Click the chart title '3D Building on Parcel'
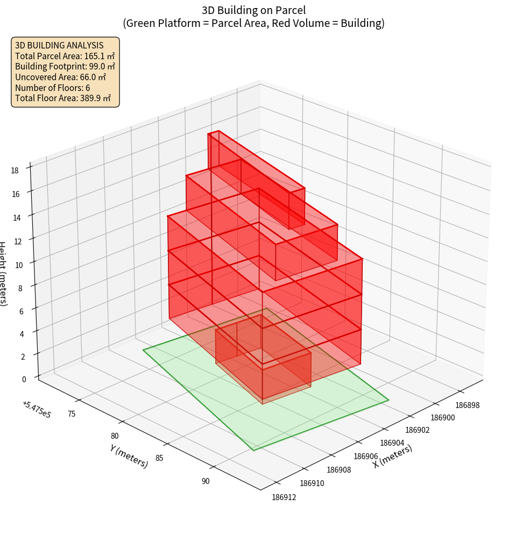[254, 10]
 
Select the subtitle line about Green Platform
[254, 23]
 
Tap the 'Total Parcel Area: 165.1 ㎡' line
[65, 56]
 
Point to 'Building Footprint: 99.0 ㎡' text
[65, 66]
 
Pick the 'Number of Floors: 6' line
[53, 88]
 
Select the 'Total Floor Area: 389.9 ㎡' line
[63, 98]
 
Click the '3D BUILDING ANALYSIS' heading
[59, 45]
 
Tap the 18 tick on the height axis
[15, 170]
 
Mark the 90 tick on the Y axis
[206, 481]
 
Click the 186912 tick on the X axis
[284, 497]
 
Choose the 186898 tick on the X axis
[467, 405]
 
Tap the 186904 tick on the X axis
[392, 442]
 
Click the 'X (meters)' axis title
[392, 456]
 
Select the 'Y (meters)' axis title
[129, 456]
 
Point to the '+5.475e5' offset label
[37, 410]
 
